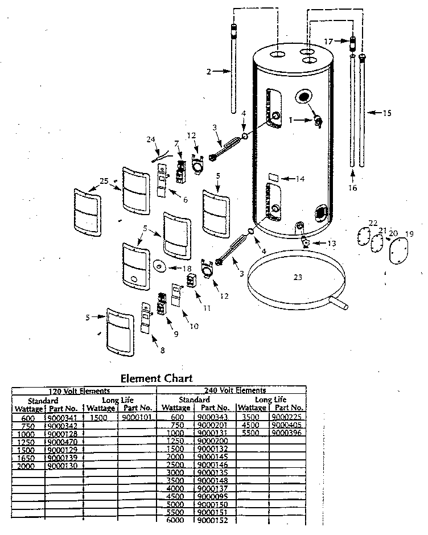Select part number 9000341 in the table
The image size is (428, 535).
(x=64, y=417)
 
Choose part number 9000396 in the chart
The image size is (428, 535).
(x=287, y=433)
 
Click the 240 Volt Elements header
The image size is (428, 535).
(x=234, y=390)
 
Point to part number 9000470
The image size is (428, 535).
(x=64, y=441)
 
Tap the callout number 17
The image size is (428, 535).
(x=328, y=41)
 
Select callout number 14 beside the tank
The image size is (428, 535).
(x=300, y=179)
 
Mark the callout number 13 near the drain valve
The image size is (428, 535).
(x=331, y=244)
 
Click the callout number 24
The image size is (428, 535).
(x=150, y=138)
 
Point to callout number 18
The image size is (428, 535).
(x=186, y=269)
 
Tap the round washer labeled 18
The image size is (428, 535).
(x=159, y=266)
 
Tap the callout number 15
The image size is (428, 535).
(x=386, y=113)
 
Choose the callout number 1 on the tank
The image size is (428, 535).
(x=291, y=120)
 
